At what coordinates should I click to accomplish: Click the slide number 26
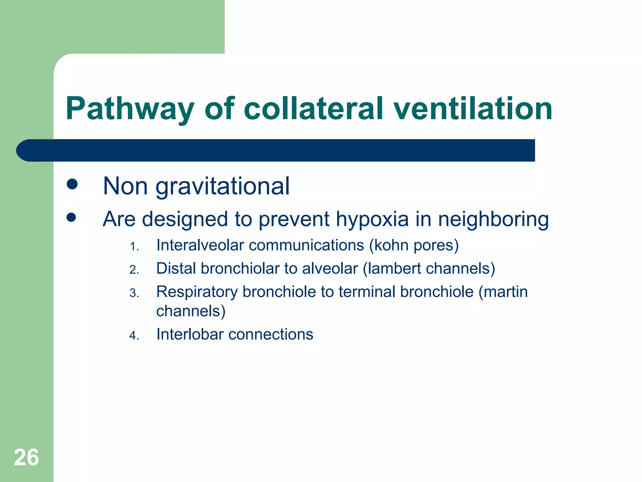[x=26, y=458]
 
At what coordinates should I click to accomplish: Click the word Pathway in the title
[x=130, y=109]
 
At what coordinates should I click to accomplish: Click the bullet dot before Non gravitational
[x=72, y=184]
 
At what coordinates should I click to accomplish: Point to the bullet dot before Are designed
[x=71, y=217]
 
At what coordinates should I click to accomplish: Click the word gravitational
[x=223, y=187]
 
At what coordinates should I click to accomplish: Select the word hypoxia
[x=372, y=219]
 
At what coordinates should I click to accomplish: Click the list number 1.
[x=134, y=247]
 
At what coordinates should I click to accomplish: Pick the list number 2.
[x=134, y=270]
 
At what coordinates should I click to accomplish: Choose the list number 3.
[x=134, y=293]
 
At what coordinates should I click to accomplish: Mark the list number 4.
[x=134, y=336]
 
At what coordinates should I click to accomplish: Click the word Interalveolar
[x=200, y=245]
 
